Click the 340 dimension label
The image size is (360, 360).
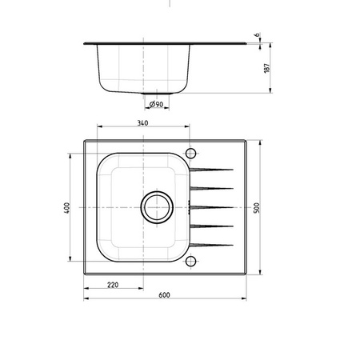tap(142, 123)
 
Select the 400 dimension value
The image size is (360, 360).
tap(66, 207)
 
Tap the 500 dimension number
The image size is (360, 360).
tap(257, 208)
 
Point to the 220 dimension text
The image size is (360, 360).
tap(113, 285)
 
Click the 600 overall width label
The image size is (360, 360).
tap(164, 295)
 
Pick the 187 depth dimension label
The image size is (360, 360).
tap(267, 68)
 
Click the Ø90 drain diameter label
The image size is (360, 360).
tap(156, 104)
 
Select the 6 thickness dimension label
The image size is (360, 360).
tap(258, 35)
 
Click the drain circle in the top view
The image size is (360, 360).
tap(157, 192)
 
